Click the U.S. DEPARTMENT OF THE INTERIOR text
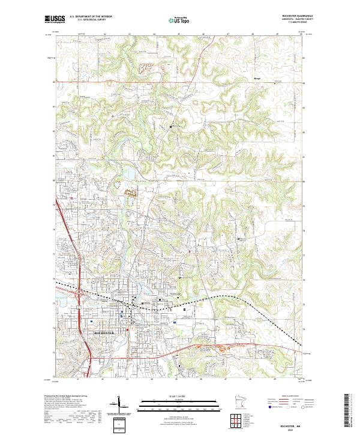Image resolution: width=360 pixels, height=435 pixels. [x=91, y=17]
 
